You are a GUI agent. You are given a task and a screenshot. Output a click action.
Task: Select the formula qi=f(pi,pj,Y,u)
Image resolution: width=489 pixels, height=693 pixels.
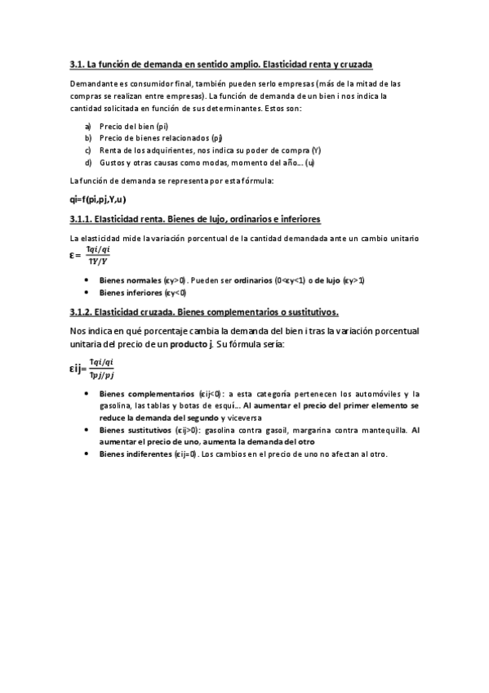coord(98,200)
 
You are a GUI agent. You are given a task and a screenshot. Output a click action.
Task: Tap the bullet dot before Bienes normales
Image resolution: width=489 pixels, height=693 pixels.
coord(87,280)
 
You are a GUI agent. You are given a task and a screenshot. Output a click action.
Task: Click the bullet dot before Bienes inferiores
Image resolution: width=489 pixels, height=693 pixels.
coord(87,293)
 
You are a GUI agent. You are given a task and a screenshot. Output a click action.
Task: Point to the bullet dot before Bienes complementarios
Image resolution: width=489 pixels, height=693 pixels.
coord(87,393)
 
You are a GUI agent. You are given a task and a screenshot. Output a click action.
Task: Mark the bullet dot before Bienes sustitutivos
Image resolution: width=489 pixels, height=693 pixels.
coord(87,429)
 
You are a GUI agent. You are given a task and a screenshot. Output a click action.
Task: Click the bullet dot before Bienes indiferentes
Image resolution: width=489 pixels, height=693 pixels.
coord(87,454)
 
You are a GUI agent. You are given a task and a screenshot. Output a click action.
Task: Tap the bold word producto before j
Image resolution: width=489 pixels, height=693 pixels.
coord(189,345)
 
